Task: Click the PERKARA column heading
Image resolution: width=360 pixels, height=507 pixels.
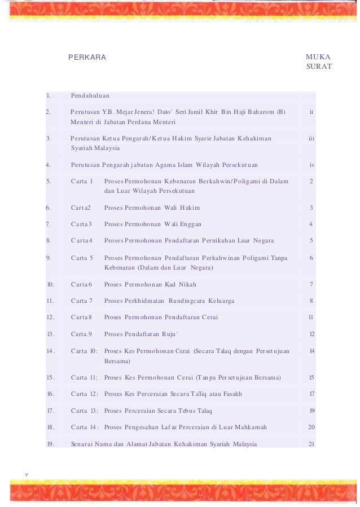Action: tap(87, 58)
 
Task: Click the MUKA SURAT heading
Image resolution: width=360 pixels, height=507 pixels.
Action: tap(318, 62)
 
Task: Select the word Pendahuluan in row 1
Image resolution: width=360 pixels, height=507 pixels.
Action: tap(90, 96)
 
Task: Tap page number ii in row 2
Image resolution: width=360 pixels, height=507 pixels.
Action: tap(311, 112)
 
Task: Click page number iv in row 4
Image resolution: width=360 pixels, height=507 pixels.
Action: tap(312, 165)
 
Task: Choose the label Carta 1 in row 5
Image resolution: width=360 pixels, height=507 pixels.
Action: tap(82, 181)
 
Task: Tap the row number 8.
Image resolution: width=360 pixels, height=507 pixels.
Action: tap(49, 241)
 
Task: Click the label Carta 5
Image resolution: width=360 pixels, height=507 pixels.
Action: tap(82, 258)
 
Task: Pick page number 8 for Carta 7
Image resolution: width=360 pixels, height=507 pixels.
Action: tap(311, 301)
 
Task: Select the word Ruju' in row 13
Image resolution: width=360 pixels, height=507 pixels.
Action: tap(168, 334)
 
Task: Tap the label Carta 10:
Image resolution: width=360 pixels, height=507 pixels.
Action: tap(84, 351)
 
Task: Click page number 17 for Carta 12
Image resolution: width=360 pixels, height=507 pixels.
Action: tap(311, 394)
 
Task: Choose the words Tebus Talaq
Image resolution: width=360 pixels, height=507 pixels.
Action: tap(193, 411)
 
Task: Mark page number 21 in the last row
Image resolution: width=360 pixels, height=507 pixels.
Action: tap(311, 444)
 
